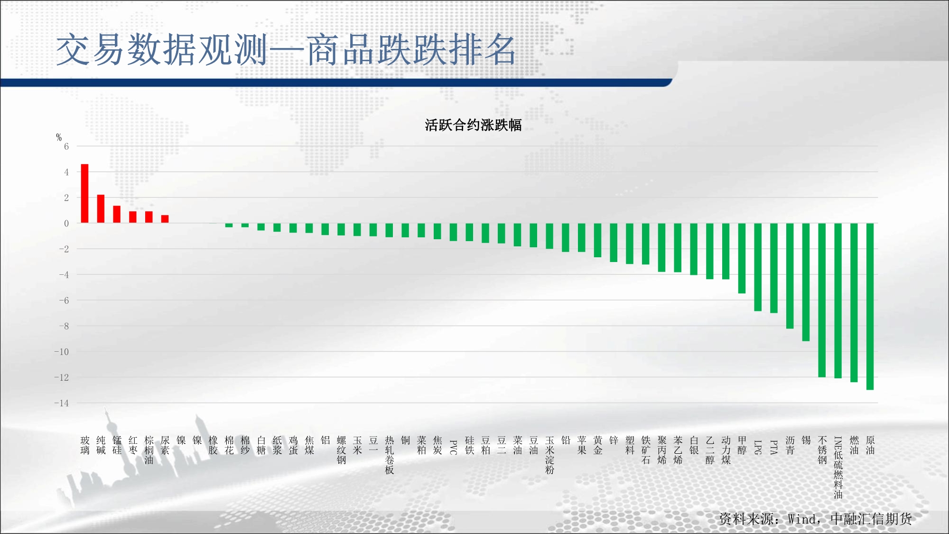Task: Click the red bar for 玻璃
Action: [x=85, y=193]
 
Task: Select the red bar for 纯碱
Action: [x=101, y=208]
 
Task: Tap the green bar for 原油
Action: [x=870, y=307]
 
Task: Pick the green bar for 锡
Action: [x=806, y=282]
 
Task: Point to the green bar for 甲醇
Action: [x=742, y=258]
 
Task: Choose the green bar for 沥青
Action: [x=790, y=276]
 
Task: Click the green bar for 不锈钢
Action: [x=822, y=300]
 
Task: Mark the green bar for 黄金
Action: [x=597, y=240]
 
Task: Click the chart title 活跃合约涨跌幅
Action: [x=473, y=125]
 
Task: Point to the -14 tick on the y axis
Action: [x=62, y=403]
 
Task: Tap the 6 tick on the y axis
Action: [x=66, y=146]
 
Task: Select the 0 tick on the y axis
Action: [x=66, y=223]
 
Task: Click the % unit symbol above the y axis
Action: [x=59, y=137]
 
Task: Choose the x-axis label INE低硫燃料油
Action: [x=838, y=468]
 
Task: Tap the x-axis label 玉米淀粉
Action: [x=549, y=455]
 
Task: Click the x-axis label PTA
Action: [x=773, y=447]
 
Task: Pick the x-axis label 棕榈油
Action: [x=149, y=450]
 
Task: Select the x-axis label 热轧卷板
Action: [x=390, y=455]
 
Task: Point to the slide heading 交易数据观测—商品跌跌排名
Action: [x=286, y=50]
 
